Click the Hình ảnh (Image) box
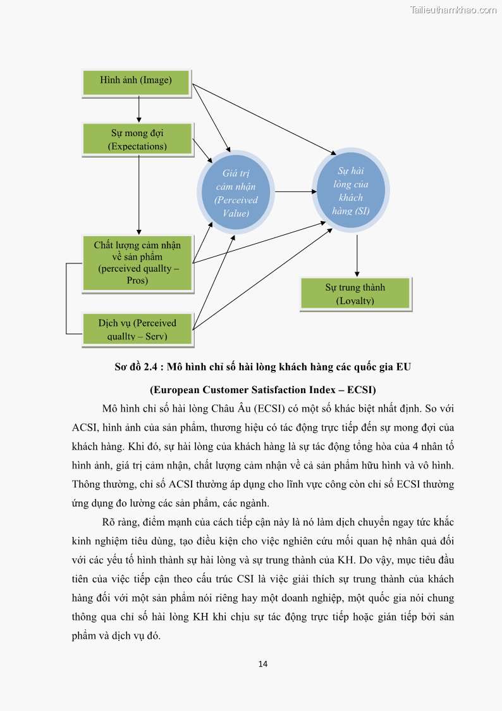tap(136, 80)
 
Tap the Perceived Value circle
tap(236, 192)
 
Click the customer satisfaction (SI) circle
tap(352, 191)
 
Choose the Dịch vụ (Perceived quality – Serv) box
tap(137, 329)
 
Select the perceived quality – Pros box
tap(137, 263)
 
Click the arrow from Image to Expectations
tap(138, 109)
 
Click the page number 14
tap(264, 664)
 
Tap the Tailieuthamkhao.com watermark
tap(453, 9)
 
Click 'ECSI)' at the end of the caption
tap(362, 389)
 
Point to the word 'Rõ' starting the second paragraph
tap(108, 522)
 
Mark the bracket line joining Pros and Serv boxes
tap(66, 298)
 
